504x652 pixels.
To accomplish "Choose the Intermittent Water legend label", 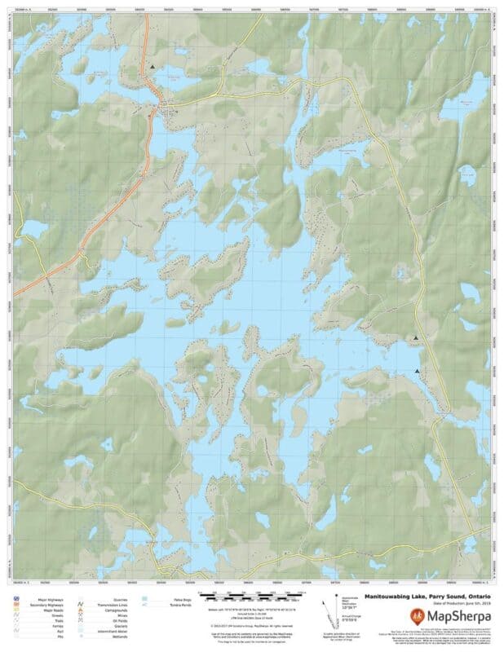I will click(114, 631).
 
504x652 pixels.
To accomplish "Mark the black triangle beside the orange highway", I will click(152, 66).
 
